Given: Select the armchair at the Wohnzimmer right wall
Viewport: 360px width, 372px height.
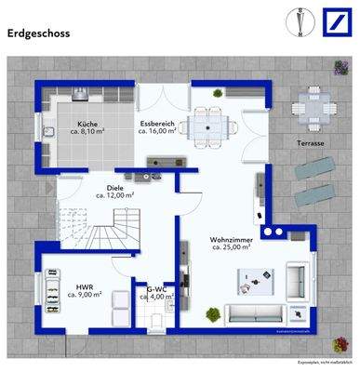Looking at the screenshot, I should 298,277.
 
